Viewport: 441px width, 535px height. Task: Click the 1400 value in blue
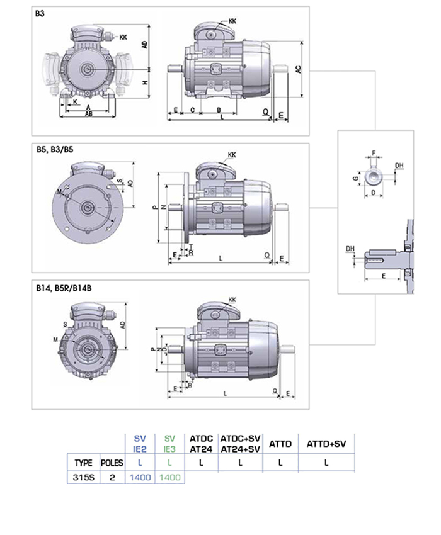(x=140, y=477)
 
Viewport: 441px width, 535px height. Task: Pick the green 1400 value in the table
(x=169, y=477)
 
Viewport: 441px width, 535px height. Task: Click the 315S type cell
(x=83, y=477)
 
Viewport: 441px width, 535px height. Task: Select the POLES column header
(x=112, y=463)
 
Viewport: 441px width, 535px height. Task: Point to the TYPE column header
(x=83, y=463)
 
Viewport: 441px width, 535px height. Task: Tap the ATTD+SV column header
(x=326, y=444)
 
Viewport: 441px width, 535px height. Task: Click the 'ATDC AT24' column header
(x=200, y=444)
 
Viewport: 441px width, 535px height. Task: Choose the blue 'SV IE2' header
(x=140, y=444)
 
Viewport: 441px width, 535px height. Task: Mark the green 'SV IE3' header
(x=169, y=444)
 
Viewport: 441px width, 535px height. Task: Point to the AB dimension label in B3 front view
(x=89, y=115)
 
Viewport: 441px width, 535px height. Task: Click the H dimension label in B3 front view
(x=144, y=83)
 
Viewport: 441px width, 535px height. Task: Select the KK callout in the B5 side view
(x=232, y=154)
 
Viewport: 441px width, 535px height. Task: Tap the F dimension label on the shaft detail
(x=373, y=152)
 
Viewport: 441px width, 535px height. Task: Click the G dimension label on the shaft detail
(x=356, y=179)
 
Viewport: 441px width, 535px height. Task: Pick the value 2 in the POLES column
(x=112, y=477)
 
